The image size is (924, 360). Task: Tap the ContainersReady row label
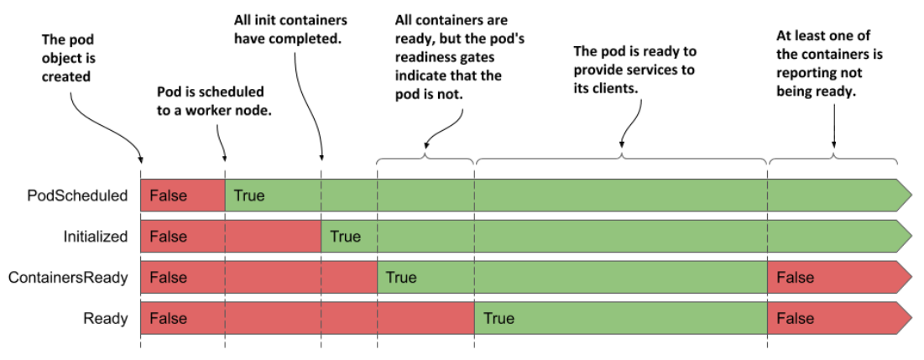pos(70,278)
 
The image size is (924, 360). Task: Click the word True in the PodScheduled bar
pos(249,196)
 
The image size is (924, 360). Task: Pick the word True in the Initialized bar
pos(345,237)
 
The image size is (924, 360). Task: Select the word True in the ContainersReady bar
pos(401,278)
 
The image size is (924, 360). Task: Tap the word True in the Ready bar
pos(498,318)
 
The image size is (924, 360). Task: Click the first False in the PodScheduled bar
pos(168,196)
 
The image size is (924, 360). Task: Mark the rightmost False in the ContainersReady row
pos(795,278)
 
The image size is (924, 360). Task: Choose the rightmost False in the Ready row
pos(795,318)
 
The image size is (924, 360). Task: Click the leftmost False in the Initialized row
pos(168,237)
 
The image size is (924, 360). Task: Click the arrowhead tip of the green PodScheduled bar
pos(906,196)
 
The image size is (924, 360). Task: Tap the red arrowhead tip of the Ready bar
pos(906,318)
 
